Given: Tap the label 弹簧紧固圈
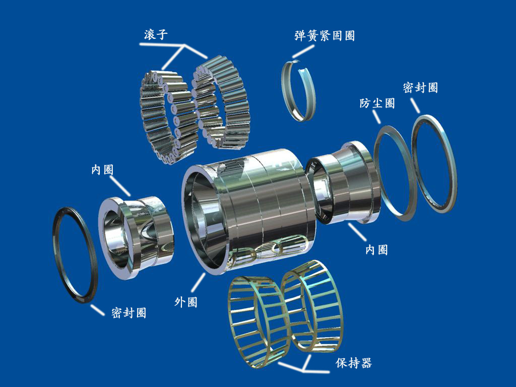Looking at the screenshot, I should [x=325, y=36].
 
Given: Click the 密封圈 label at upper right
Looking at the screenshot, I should [x=420, y=87].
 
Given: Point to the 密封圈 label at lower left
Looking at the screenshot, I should [x=129, y=312].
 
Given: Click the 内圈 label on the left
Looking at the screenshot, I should [x=102, y=170].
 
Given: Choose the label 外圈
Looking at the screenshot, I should [x=185, y=302].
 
